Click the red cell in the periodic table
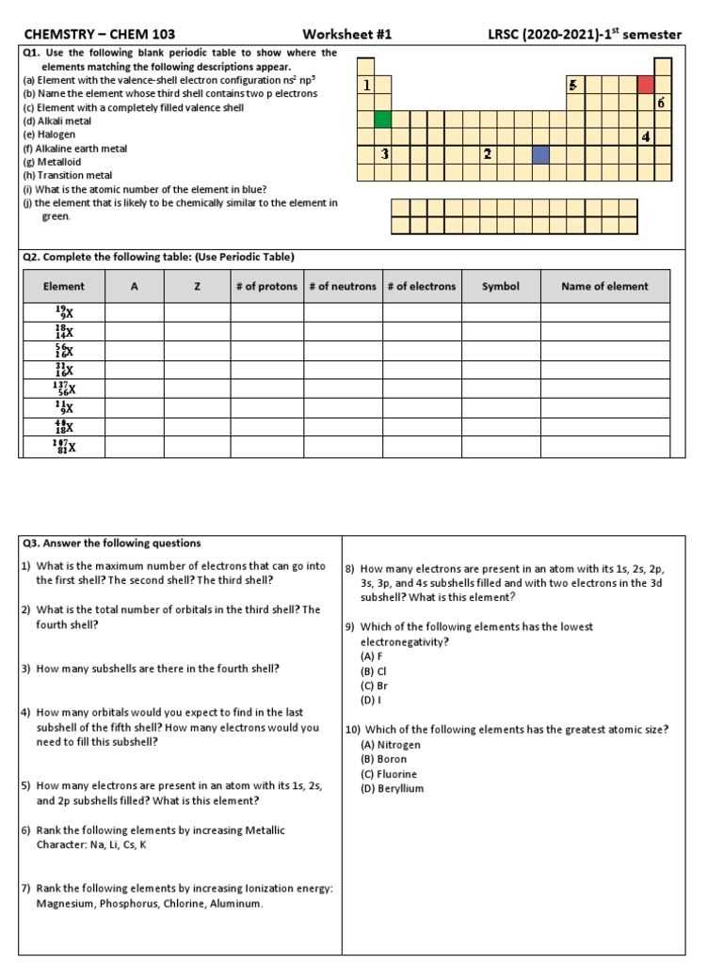pos(645,86)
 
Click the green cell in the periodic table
pos(382,119)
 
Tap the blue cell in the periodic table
pos(540,154)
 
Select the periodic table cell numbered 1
pos(365,86)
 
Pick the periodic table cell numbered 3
pos(384,154)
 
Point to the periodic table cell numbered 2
pos(488,154)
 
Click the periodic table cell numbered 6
pos(662,103)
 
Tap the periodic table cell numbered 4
pos(645,137)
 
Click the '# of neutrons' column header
pos(342,286)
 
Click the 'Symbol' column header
pos(500,286)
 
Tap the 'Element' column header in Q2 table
pos(63,286)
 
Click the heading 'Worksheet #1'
pos(347,35)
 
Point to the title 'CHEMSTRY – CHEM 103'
pos(100,35)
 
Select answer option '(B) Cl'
pos(374,671)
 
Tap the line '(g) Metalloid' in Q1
pos(54,162)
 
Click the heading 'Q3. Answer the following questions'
pos(111,544)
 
